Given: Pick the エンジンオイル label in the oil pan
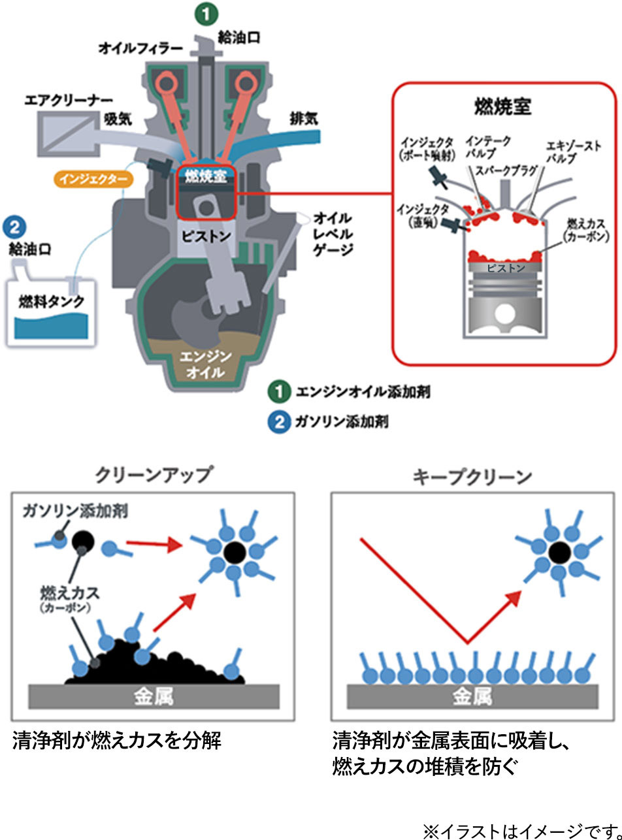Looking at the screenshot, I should click(x=205, y=364).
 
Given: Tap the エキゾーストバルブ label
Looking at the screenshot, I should click(x=574, y=153).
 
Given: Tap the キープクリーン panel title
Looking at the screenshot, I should click(x=473, y=477).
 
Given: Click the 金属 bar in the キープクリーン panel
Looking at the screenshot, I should click(x=473, y=697).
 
